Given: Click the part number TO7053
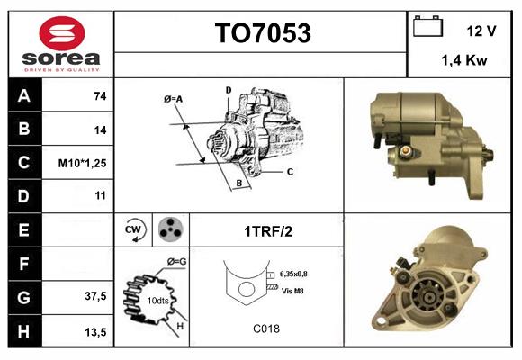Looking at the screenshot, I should [x=262, y=34].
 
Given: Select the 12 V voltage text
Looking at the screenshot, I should [x=481, y=31].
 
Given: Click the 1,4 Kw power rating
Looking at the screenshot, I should [x=464, y=60].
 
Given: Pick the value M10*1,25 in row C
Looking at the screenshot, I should [x=83, y=163].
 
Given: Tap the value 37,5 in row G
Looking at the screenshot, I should [x=95, y=296].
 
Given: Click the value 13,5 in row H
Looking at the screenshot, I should [x=95, y=331].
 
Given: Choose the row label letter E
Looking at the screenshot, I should [x=23, y=229].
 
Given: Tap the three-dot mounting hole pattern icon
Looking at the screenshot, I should [x=168, y=229].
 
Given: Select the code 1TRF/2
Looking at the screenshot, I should [x=267, y=231].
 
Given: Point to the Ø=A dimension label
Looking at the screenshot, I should [x=174, y=99].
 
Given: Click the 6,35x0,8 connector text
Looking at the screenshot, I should [x=300, y=274].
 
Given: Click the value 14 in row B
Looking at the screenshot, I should [x=100, y=130].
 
